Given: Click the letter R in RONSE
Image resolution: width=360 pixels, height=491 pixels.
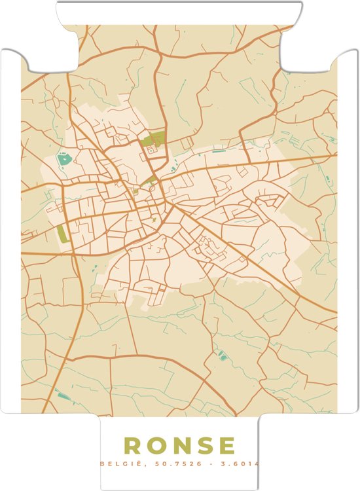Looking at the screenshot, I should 133,445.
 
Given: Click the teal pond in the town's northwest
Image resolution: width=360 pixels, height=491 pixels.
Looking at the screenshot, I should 65,159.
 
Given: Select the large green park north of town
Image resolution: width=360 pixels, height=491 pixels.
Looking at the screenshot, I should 154,139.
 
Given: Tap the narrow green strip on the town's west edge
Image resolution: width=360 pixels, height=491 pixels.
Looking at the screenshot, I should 63,234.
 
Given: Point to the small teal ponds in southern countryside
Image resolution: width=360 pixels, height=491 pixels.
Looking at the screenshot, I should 222,356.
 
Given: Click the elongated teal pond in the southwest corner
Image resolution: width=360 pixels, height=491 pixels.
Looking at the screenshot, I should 63,395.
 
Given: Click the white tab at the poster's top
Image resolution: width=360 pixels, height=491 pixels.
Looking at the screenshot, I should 179,12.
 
